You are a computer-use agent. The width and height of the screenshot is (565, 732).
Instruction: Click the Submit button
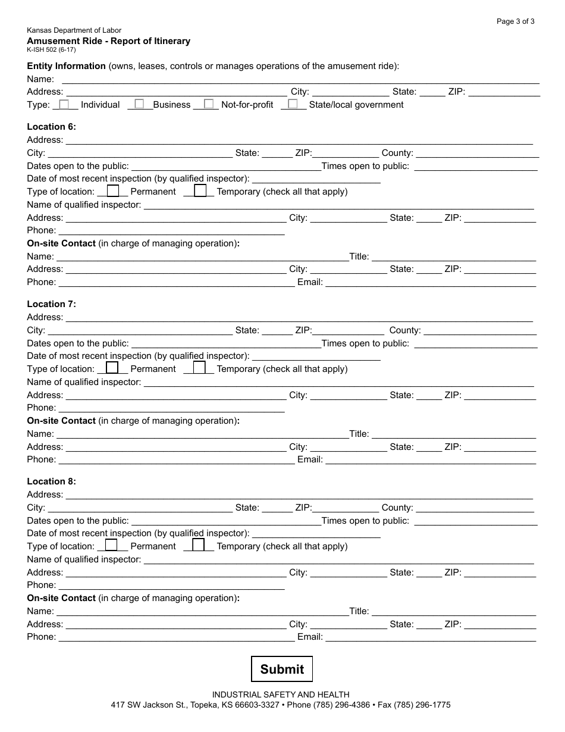(281, 669)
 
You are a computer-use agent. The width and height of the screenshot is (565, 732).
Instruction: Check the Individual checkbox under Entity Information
(64, 104)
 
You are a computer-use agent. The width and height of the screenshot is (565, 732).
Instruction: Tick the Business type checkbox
(139, 104)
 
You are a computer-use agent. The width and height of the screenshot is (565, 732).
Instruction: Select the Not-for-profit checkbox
(209, 104)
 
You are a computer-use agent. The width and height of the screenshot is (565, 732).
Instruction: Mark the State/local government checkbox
(293, 104)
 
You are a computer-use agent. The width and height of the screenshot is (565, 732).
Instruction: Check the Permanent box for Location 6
(112, 191)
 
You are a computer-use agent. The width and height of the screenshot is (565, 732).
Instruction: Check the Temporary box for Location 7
(200, 368)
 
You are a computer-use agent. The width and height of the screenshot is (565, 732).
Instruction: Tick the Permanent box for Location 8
(111, 545)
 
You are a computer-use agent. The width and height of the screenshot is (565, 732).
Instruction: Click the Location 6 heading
(52, 127)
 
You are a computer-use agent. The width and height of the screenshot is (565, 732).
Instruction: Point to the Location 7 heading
(52, 304)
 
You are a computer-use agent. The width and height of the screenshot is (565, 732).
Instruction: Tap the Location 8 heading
(52, 481)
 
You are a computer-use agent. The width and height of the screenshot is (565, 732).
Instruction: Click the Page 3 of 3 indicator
(515, 21)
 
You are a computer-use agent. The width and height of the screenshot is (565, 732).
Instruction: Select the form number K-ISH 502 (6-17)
(51, 50)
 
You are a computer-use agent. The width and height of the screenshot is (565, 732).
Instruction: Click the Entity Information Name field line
(300, 79)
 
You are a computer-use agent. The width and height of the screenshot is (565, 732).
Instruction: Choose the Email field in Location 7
(431, 459)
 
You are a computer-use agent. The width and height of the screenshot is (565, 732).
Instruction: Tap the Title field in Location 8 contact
(454, 611)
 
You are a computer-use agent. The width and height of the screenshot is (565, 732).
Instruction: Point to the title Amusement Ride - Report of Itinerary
(109, 41)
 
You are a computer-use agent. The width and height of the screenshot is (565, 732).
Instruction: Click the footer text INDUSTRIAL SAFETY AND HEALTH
(281, 695)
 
